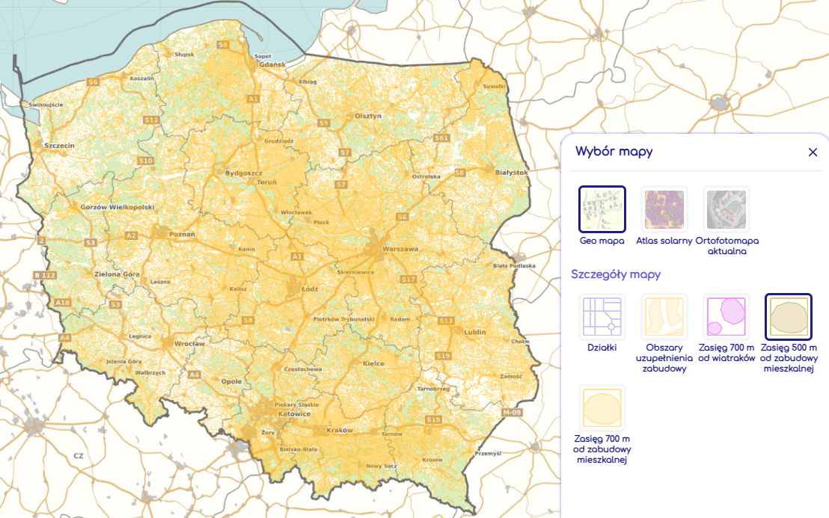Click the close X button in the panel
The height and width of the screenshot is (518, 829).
click(813, 152)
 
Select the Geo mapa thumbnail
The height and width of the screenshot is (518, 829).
click(602, 209)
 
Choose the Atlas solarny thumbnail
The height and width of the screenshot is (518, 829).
click(664, 209)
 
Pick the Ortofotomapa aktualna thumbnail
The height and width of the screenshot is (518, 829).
click(726, 209)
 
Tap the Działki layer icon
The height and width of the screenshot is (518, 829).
click(602, 317)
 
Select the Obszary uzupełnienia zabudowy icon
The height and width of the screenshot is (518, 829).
click(664, 317)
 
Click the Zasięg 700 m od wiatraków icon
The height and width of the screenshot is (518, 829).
click(726, 317)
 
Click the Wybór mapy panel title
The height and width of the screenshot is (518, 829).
click(614, 152)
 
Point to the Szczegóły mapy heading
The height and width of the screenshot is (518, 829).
click(615, 274)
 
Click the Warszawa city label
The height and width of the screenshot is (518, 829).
click(400, 249)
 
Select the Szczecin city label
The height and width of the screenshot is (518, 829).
click(59, 145)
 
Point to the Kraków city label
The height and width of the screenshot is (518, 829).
click(339, 431)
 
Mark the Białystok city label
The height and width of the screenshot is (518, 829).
click(512, 172)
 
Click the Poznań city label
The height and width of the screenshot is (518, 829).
click(182, 234)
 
